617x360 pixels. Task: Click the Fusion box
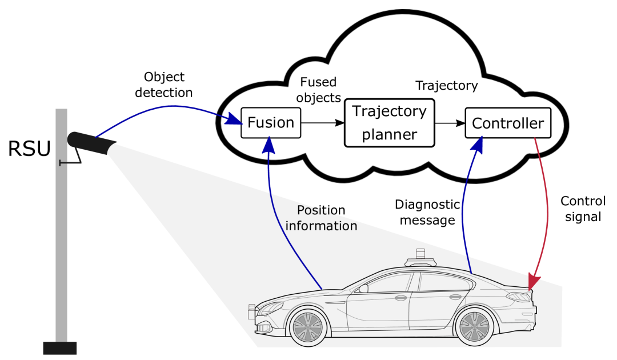271,122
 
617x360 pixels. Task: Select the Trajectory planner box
389,122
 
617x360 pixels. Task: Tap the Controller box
508,123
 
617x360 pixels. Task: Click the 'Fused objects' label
318,90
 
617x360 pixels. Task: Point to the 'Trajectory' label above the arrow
446,86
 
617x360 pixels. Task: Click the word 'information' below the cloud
321,226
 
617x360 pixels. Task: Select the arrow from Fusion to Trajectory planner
322,122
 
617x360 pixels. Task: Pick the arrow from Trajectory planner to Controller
450,122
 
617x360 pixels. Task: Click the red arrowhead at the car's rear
534,282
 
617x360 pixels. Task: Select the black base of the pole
60,347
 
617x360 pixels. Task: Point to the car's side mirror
363,289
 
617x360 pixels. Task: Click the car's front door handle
400,298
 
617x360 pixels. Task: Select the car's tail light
519,296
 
